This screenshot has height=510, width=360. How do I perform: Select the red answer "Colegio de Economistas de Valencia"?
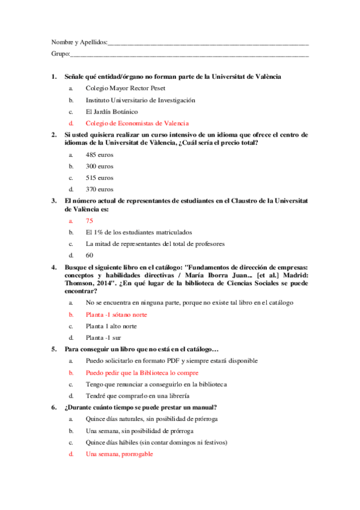tap(137, 123)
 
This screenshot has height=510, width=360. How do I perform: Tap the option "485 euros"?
tap(99, 155)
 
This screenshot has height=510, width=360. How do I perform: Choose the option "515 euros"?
tap(99, 177)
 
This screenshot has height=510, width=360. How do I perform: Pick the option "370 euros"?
tap(99, 189)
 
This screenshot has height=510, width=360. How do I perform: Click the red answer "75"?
tap(90, 221)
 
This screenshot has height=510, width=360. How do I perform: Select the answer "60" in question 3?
tap(90, 256)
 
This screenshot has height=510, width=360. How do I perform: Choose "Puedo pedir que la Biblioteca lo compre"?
tap(142, 372)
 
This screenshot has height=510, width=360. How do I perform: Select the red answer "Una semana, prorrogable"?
tap(119, 454)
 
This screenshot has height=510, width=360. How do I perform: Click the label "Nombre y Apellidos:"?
tap(79, 43)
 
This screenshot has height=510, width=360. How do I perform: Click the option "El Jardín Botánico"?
tap(112, 111)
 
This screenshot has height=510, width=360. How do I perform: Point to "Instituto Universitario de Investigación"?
tap(140, 100)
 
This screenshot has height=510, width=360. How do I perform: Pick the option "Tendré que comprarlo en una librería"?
tap(138, 396)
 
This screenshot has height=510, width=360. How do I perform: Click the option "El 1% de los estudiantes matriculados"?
tap(139, 232)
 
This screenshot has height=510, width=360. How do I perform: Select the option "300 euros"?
tap(99, 166)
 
